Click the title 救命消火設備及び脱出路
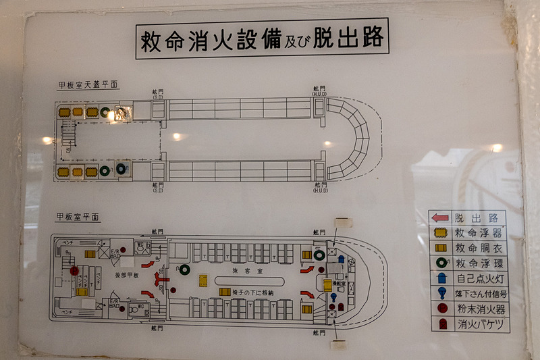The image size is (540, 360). click(261, 39)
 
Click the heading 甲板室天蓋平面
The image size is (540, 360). click(84, 85)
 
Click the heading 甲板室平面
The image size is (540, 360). click(78, 217)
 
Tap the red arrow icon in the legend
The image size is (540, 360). click(440, 218)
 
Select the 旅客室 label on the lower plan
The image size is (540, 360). click(241, 269)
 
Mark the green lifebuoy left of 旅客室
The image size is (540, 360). click(184, 269)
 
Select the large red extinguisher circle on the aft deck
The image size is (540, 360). click(74, 271)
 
